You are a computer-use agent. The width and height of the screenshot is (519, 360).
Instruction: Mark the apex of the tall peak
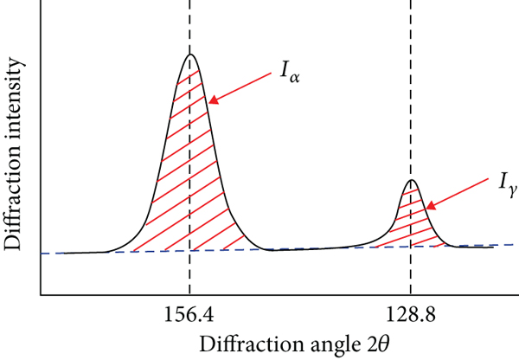(190, 55)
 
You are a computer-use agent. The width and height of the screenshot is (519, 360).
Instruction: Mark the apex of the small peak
(412, 180)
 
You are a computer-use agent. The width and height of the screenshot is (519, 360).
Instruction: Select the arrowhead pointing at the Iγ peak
(427, 208)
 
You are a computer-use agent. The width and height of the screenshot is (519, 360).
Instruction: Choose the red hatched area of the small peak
(412, 221)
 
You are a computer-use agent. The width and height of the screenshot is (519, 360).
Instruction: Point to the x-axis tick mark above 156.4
(189, 294)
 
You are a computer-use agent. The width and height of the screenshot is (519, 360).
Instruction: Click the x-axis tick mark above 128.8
(411, 294)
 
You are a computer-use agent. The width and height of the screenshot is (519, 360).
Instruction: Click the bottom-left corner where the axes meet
(40, 294)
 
